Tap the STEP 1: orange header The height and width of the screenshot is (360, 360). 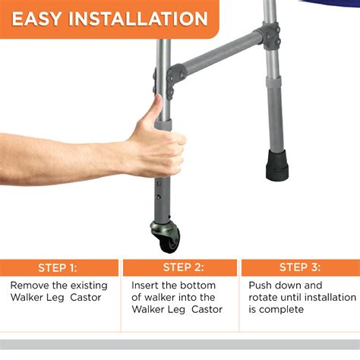click(62, 267)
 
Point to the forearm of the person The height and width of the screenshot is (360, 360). click(61, 156)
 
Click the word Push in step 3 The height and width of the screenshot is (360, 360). click(262, 285)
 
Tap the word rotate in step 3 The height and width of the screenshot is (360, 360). click(265, 298)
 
